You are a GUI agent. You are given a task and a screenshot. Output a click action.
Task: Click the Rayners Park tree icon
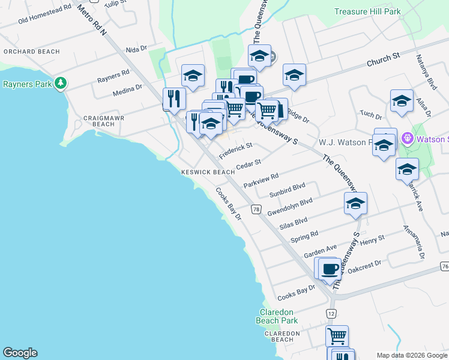(x=60, y=83)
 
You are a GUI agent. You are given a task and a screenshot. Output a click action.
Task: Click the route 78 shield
(x=256, y=209)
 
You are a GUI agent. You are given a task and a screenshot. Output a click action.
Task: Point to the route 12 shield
(x=331, y=313)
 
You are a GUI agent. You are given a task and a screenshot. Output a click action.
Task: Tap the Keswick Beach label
(x=208, y=172)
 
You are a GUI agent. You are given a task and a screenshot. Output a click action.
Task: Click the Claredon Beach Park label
(x=277, y=316)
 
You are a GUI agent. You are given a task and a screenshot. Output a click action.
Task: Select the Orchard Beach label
(x=31, y=52)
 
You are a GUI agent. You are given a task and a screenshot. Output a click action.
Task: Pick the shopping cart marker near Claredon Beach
(x=337, y=335)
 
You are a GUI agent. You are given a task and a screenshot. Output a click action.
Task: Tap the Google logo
(x=20, y=353)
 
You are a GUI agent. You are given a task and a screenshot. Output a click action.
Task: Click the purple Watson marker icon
(x=407, y=139)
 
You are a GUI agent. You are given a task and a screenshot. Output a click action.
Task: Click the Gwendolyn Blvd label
(x=290, y=207)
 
